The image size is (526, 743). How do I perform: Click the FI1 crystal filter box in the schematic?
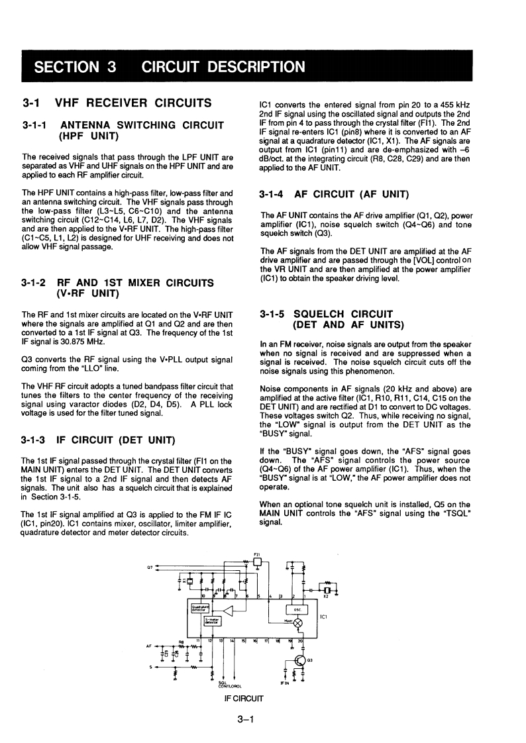coord(258,563)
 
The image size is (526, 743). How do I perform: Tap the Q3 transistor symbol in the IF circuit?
coord(301,660)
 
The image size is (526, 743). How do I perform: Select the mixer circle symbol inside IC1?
coord(297,623)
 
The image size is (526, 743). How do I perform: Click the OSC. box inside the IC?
coord(296,610)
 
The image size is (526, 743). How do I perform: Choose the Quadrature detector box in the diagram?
coord(201,608)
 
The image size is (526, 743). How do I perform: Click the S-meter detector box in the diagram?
coord(211,621)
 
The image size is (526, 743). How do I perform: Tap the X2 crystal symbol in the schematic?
coord(326,589)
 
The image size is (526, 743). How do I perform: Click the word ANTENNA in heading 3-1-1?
coord(91,124)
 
